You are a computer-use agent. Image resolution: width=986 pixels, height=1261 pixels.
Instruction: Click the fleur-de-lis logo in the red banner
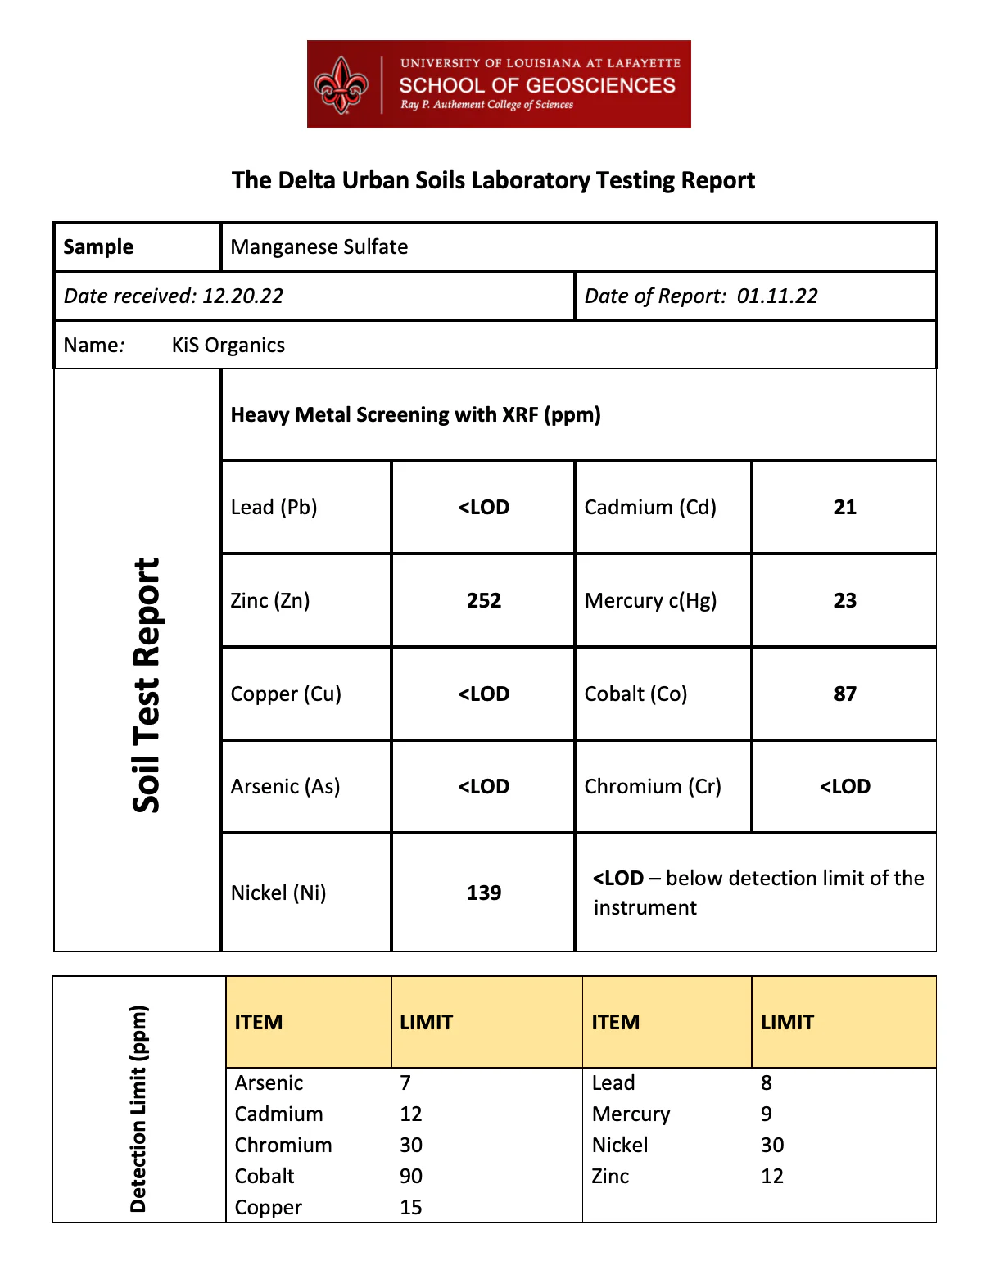tap(341, 84)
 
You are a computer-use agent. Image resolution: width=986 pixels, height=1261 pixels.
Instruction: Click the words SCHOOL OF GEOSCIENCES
tap(537, 85)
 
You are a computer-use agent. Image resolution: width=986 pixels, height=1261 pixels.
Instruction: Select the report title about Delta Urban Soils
tap(493, 180)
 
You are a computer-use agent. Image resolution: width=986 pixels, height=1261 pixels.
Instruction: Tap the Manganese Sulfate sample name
tap(319, 246)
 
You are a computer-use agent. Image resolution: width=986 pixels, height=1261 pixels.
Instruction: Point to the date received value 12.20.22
tap(242, 296)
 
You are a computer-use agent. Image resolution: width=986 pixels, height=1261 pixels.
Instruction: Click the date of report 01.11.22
tap(777, 296)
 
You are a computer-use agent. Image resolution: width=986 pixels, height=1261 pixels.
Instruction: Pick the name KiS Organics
tap(228, 345)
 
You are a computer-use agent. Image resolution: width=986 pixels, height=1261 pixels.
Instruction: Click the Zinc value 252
tap(484, 600)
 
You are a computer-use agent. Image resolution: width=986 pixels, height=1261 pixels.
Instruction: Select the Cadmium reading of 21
tap(845, 507)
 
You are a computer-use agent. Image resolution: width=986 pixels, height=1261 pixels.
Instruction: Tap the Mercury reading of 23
tap(845, 600)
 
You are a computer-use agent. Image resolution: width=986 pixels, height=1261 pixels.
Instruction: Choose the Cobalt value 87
tap(845, 694)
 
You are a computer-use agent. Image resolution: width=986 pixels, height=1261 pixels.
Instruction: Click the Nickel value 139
tap(484, 893)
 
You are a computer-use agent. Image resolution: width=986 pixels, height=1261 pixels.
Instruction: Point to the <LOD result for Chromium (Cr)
tap(845, 786)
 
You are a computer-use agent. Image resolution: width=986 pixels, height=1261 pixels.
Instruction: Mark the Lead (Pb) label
tap(274, 507)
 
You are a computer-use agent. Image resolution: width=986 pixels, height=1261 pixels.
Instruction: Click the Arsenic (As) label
tap(285, 786)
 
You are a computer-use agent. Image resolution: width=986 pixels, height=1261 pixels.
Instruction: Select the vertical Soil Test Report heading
tap(147, 685)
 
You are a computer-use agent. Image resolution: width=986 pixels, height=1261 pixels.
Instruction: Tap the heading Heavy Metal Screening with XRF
tap(415, 414)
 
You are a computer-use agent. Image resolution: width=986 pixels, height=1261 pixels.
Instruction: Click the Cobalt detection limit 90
tap(411, 1176)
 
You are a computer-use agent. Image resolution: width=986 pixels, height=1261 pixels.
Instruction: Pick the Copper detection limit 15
tap(411, 1207)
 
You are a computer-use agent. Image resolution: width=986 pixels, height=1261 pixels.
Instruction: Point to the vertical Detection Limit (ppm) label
tap(138, 1109)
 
